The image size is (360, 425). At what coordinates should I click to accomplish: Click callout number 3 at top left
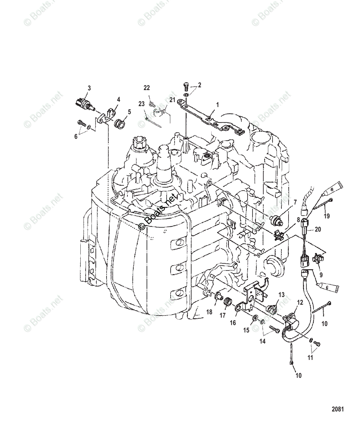click(89, 87)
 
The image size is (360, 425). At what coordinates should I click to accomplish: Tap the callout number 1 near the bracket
click(218, 105)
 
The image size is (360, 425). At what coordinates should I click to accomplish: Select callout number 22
click(147, 88)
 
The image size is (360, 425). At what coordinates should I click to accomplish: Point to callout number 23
click(142, 104)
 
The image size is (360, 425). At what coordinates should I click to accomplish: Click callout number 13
click(281, 295)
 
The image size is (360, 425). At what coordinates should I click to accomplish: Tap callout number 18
click(210, 312)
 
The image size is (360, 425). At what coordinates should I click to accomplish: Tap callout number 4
click(119, 100)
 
